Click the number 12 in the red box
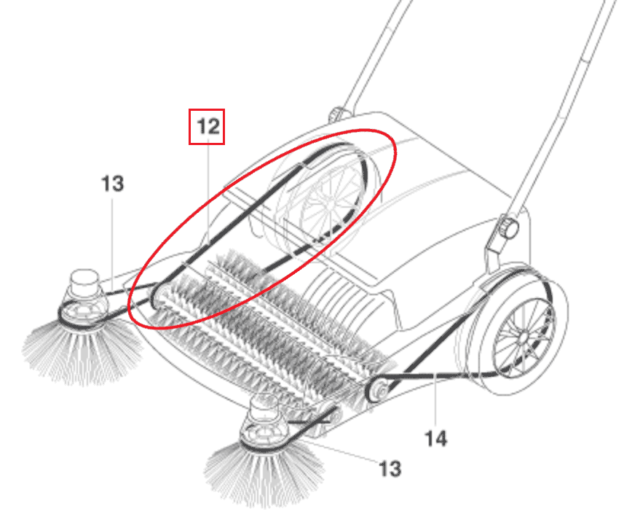(x=208, y=127)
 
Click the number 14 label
(x=436, y=439)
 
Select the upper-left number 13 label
(x=113, y=184)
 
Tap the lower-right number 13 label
(x=390, y=469)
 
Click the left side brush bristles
(x=82, y=351)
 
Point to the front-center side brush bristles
(x=264, y=474)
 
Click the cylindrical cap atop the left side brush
(x=84, y=281)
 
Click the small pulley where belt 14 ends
(x=376, y=390)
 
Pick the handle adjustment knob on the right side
(x=509, y=227)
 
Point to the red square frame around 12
(x=207, y=127)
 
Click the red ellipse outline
(x=262, y=229)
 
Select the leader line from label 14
(x=436, y=400)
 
